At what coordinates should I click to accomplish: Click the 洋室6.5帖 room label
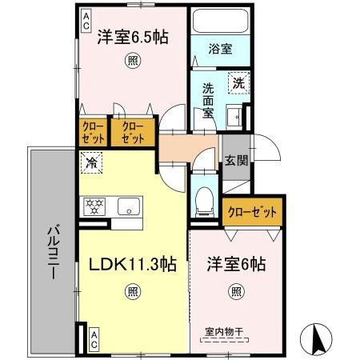click(x=133, y=37)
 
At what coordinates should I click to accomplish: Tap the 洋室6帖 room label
click(x=237, y=263)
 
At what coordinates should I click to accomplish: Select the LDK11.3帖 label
click(x=132, y=263)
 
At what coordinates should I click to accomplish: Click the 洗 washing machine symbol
click(x=238, y=82)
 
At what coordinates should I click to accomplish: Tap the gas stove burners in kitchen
click(x=94, y=206)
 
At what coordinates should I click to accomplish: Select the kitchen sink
click(x=129, y=206)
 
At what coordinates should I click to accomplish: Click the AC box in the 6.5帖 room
click(x=86, y=22)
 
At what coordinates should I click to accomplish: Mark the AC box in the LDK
click(x=94, y=336)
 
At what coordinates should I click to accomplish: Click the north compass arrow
click(x=317, y=339)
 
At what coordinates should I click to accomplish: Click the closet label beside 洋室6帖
click(x=254, y=212)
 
